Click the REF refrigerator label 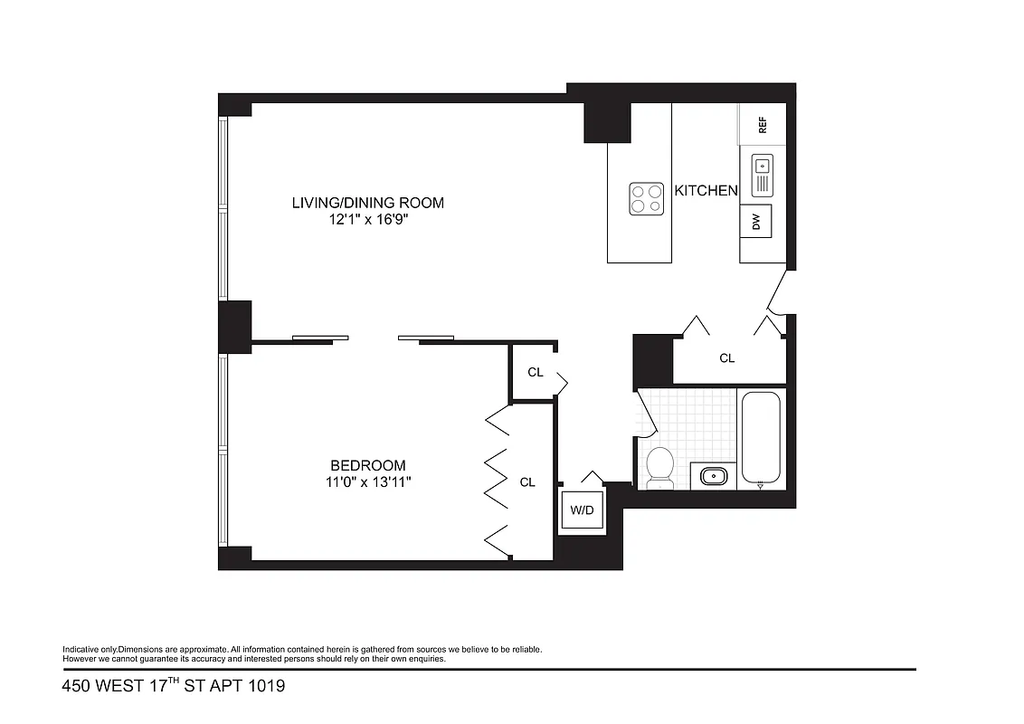tap(763, 125)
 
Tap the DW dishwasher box tap(756, 222)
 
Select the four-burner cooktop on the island tap(646, 198)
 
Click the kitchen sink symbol tap(762, 176)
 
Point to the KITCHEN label tap(706, 191)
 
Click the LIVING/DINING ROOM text tap(367, 202)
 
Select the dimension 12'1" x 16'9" tap(367, 219)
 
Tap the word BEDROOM tap(367, 465)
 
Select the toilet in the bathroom tap(660, 466)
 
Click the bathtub tap(760, 436)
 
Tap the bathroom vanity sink tap(714, 475)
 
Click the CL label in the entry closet tap(727, 358)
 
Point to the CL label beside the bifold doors tap(527, 482)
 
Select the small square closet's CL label tap(536, 372)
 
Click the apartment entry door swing tap(775, 291)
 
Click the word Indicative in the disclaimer tap(79, 650)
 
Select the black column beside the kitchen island tap(606, 121)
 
